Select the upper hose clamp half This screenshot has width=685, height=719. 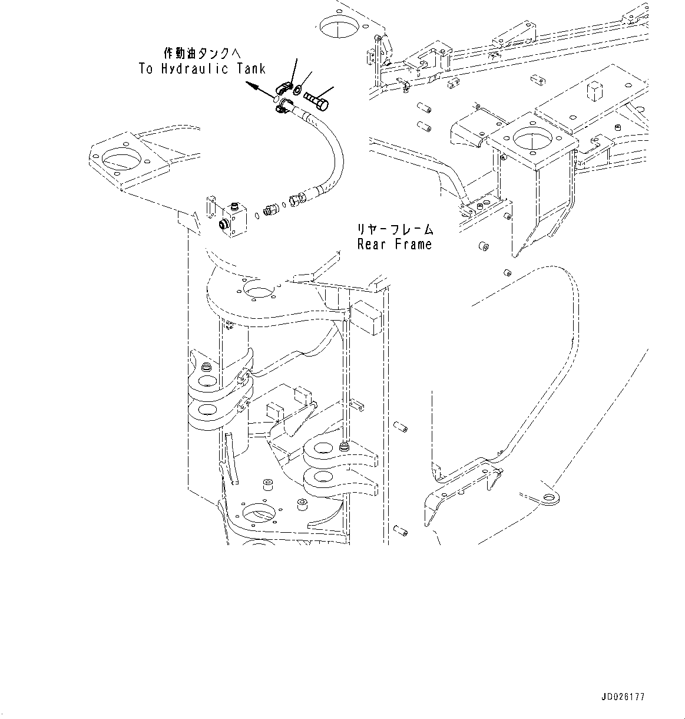(286, 88)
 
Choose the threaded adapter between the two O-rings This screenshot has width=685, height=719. (271, 209)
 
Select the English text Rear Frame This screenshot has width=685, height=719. (394, 244)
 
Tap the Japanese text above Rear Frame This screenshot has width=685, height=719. (394, 229)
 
